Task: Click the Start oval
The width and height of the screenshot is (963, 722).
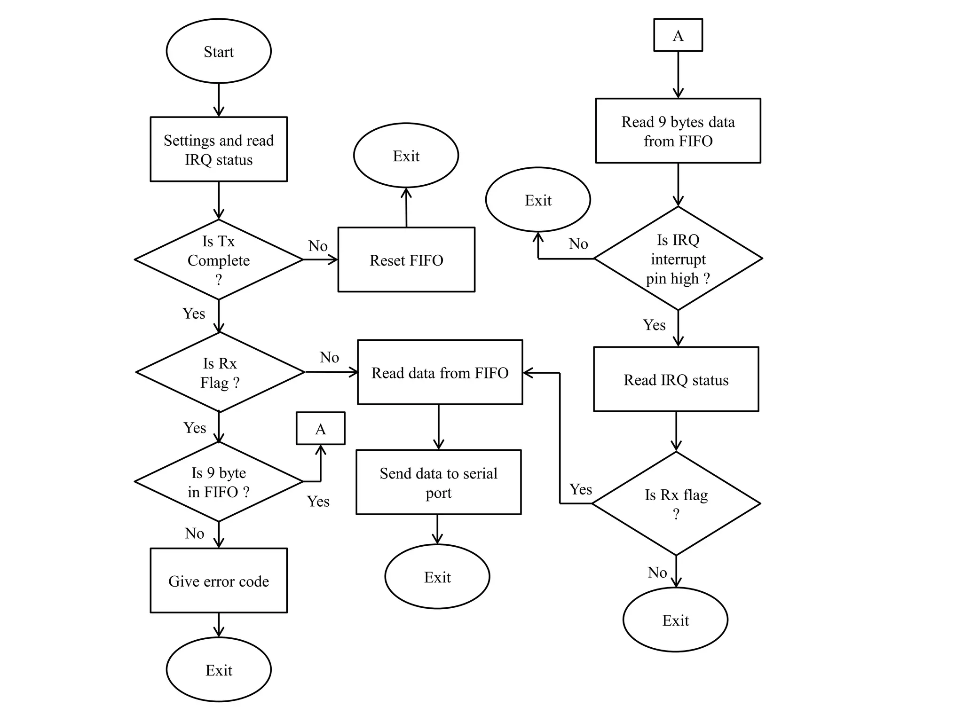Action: click(x=219, y=51)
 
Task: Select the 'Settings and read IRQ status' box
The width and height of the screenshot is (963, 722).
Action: click(x=219, y=149)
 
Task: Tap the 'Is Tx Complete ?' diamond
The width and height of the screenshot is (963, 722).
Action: click(x=219, y=260)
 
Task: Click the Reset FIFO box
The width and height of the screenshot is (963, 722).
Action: click(x=406, y=260)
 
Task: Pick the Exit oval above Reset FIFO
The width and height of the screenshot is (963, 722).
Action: click(x=406, y=156)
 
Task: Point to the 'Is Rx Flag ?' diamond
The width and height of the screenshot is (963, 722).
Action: click(x=220, y=372)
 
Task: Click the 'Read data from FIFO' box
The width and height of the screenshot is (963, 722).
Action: click(x=440, y=372)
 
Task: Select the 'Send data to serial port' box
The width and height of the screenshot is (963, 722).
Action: click(x=438, y=482)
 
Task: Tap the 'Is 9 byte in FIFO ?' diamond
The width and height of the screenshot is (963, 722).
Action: click(x=219, y=482)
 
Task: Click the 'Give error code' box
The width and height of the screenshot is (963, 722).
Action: click(x=219, y=581)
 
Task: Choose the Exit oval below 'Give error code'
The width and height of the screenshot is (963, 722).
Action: click(x=219, y=670)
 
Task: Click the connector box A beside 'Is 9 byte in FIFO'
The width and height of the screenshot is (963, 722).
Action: click(x=320, y=429)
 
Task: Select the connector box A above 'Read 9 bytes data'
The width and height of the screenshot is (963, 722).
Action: click(x=678, y=35)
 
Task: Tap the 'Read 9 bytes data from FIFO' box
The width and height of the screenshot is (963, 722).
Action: click(x=678, y=131)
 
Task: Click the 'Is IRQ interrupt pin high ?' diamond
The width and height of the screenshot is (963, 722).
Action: click(x=678, y=259)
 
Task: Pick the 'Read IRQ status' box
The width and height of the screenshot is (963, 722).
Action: click(x=676, y=380)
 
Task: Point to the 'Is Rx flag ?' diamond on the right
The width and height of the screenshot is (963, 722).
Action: click(x=676, y=503)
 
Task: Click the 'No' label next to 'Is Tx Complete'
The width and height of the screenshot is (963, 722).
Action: click(x=318, y=246)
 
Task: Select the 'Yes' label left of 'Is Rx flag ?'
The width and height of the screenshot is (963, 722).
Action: click(x=581, y=489)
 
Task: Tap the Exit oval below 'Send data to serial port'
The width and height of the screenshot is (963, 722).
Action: click(x=437, y=577)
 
